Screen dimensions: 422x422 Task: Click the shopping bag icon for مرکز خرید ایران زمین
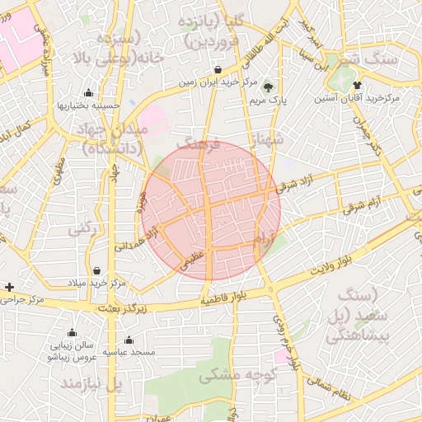pyautogui.click(x=218, y=70)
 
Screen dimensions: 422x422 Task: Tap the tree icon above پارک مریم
pyautogui.click(x=267, y=87)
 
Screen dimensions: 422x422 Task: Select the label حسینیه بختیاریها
pyautogui.click(x=88, y=105)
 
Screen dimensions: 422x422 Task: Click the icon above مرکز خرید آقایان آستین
pyautogui.click(x=357, y=85)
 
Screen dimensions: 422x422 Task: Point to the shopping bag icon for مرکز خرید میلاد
pyautogui.click(x=97, y=270)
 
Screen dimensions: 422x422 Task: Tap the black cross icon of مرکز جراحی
pyautogui.click(x=9, y=287)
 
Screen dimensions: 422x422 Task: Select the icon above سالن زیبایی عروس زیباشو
pyautogui.click(x=72, y=333)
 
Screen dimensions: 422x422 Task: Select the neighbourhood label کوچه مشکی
pyautogui.click(x=225, y=375)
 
